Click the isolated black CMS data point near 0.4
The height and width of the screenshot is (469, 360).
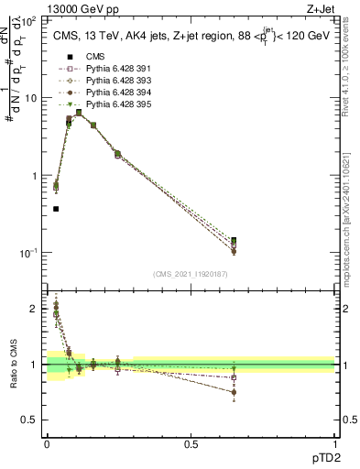point(56,209)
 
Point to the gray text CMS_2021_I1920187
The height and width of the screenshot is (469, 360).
point(191,275)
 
